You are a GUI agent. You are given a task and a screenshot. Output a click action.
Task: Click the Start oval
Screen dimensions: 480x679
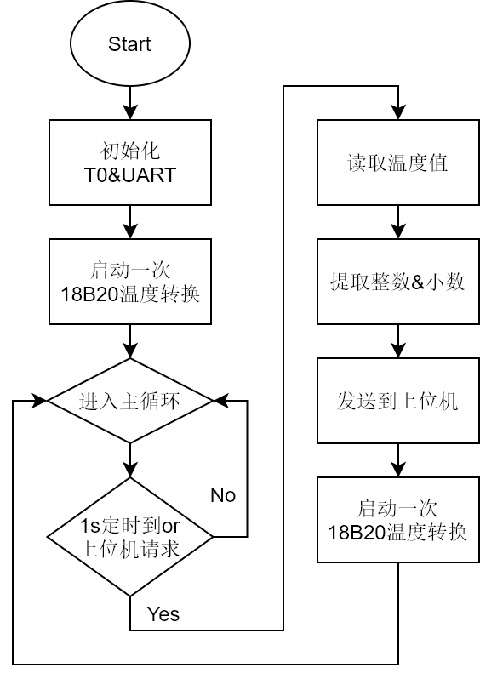pyautogui.click(x=130, y=43)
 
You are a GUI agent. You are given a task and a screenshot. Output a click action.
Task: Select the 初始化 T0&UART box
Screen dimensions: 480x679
pyautogui.click(x=130, y=163)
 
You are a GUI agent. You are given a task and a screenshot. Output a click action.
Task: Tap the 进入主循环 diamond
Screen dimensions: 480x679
pyautogui.click(x=130, y=401)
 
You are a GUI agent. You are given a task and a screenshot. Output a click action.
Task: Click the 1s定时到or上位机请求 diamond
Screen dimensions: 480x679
pyautogui.click(x=130, y=537)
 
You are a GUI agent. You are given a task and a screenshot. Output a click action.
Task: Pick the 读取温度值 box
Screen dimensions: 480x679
pyautogui.click(x=398, y=163)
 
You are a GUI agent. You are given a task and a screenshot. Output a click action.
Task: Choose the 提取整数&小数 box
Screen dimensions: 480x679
pyautogui.click(x=398, y=282)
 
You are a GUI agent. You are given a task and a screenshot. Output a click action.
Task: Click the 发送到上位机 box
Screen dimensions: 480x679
pyautogui.click(x=398, y=401)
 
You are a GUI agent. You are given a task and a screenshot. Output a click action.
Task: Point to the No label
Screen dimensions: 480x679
pyautogui.click(x=223, y=495)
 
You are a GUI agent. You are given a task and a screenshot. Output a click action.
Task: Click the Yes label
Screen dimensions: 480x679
pyautogui.click(x=163, y=614)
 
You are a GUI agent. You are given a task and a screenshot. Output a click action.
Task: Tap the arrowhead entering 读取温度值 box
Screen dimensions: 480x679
pyautogui.click(x=398, y=112)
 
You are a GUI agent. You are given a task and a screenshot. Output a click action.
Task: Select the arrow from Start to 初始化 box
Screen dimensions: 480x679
pyautogui.click(x=130, y=103)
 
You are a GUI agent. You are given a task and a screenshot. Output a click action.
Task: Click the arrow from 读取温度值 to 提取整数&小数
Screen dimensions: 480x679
pyautogui.click(x=398, y=222)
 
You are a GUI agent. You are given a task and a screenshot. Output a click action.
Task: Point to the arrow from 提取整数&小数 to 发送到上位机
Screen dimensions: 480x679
pyautogui.click(x=398, y=341)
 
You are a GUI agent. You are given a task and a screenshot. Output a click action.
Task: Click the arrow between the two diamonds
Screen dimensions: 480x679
pyautogui.click(x=130, y=460)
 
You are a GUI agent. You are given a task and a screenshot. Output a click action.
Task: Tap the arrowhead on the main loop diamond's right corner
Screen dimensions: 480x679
pyautogui.click(x=220, y=401)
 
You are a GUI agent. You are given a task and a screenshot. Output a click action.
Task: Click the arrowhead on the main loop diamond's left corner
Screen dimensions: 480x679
pyautogui.click(x=39, y=401)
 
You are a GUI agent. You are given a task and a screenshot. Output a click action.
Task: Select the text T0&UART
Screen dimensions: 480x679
pyautogui.click(x=130, y=175)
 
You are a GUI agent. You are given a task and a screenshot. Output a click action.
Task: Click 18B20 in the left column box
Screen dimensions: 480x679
pyautogui.click(x=89, y=294)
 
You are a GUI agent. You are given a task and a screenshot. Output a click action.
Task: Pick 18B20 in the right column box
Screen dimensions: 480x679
pyautogui.click(x=357, y=532)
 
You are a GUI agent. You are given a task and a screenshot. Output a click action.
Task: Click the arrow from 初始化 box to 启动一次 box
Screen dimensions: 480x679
pyautogui.click(x=130, y=222)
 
